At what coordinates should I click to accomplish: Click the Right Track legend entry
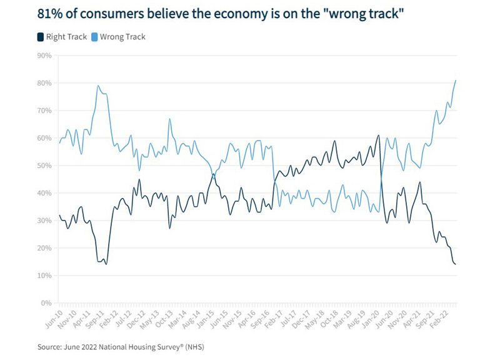[61, 37]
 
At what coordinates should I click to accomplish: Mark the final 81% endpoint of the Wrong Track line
[456, 80]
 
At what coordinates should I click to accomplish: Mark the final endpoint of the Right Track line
[456, 264]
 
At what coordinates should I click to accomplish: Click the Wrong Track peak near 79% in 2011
[98, 86]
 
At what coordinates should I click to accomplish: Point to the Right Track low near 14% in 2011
[106, 264]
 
